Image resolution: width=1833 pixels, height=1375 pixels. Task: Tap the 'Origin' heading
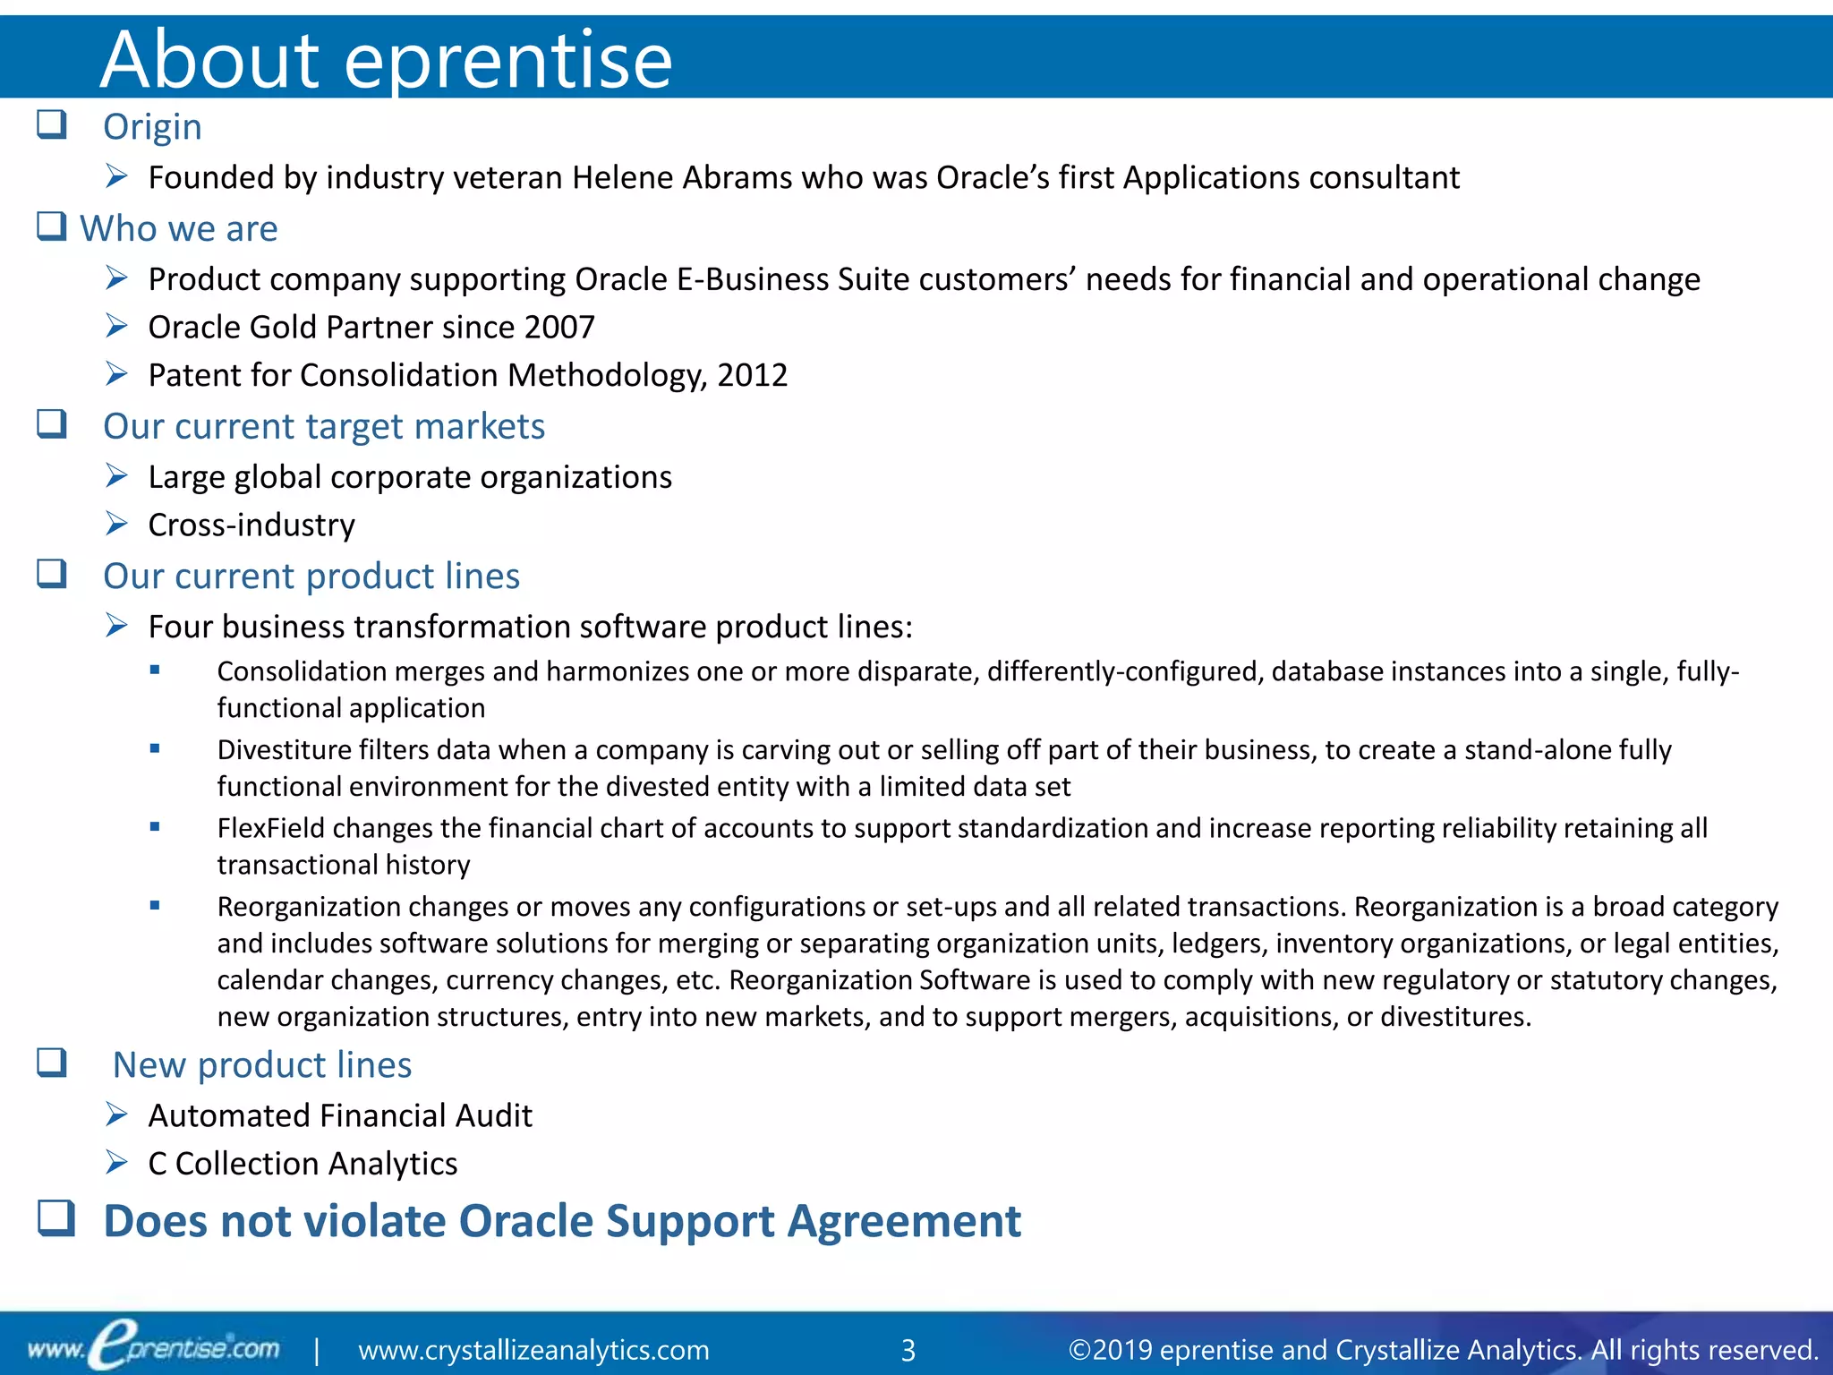[x=152, y=127]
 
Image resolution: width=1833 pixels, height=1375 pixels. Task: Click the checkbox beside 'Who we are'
[x=51, y=226]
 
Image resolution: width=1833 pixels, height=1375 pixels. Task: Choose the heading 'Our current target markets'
[x=324, y=426]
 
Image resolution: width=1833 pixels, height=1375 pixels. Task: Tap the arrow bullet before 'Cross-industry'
[x=116, y=524]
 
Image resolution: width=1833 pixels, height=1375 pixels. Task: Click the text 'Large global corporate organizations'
[x=410, y=477]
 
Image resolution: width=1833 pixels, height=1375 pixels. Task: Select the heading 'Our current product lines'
[x=311, y=576]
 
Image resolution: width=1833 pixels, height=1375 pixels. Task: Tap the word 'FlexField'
[x=270, y=828]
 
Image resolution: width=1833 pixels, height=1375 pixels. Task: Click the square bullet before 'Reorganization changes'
[x=155, y=906]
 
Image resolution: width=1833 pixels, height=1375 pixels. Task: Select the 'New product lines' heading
[x=262, y=1065]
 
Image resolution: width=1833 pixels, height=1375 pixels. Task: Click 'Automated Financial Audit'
[x=340, y=1116]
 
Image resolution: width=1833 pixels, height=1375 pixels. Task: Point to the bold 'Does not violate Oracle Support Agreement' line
[x=562, y=1221]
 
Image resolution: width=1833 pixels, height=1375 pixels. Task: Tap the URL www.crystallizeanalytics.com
[x=533, y=1350]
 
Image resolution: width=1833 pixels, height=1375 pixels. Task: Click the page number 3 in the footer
[x=908, y=1350]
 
